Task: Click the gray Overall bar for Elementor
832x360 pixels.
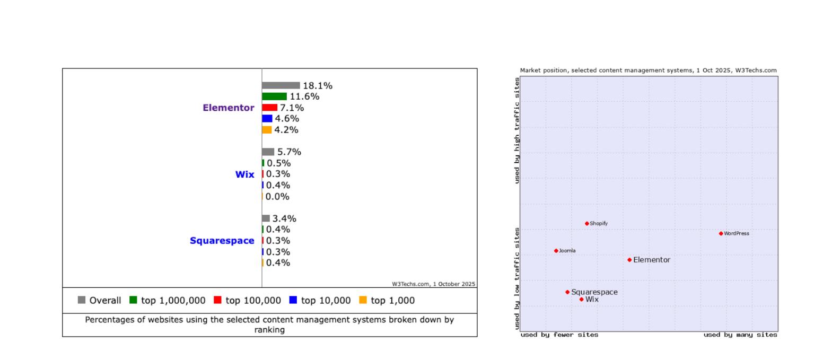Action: click(281, 85)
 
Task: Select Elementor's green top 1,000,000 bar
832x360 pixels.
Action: click(274, 96)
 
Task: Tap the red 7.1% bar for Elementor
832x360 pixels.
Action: click(269, 108)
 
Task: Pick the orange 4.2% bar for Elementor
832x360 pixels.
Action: click(267, 130)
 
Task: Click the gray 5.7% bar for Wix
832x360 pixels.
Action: click(268, 152)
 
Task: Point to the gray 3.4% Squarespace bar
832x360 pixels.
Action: click(266, 218)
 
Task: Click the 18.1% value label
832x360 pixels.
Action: click(318, 86)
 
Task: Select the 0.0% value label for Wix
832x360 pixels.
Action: click(277, 197)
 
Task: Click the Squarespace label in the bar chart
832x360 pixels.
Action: click(222, 241)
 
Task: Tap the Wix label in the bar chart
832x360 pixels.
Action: click(244, 174)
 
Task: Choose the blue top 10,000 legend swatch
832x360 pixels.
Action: click(293, 300)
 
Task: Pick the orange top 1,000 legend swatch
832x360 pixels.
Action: click(363, 300)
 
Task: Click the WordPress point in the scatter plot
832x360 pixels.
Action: click(721, 233)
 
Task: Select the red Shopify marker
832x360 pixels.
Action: click(586, 224)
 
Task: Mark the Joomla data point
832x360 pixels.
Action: click(556, 251)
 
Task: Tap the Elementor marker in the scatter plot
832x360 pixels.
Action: click(629, 260)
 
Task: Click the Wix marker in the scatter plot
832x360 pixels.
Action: click(581, 300)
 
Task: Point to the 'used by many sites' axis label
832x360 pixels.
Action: click(740, 335)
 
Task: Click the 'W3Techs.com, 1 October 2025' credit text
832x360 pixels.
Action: click(433, 284)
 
